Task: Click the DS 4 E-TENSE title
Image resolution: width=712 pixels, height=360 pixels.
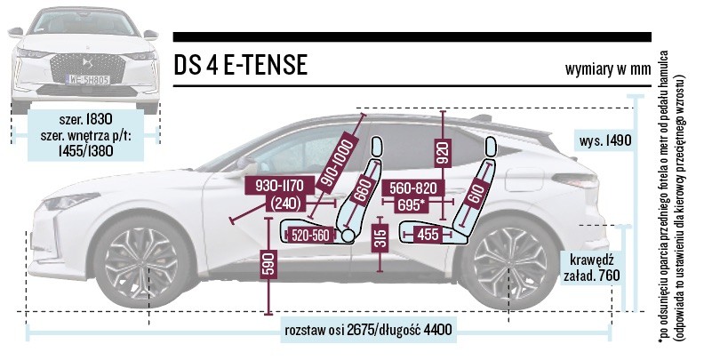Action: (241, 66)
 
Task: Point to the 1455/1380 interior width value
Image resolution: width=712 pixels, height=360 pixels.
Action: (86, 152)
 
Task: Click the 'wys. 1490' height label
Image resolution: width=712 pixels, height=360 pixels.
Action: (600, 140)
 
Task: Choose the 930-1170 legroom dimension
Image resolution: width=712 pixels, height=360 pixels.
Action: (278, 185)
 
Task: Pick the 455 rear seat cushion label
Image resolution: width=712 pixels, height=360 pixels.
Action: (428, 235)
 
